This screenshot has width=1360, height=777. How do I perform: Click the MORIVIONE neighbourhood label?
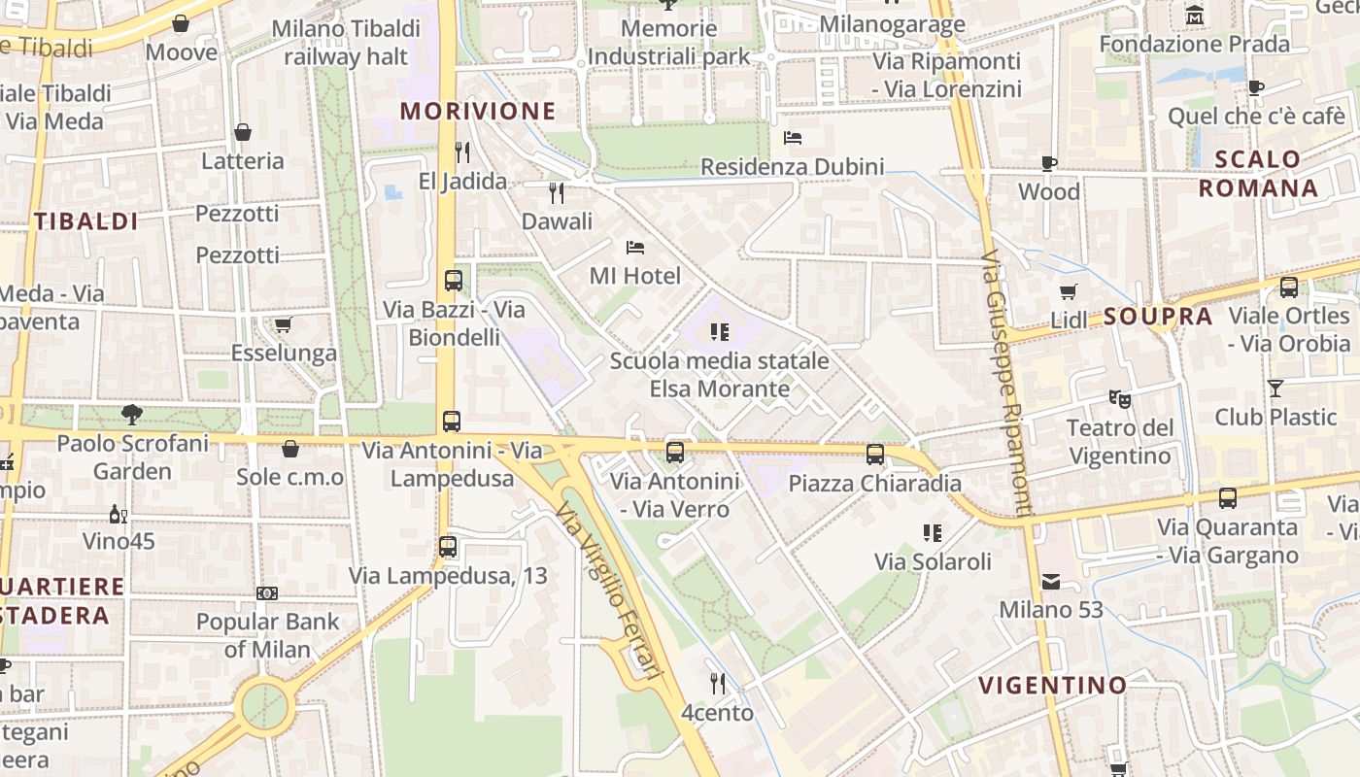point(478,111)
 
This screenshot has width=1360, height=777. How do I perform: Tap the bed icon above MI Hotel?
point(635,247)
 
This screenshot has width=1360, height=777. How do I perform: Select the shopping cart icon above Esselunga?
point(283,324)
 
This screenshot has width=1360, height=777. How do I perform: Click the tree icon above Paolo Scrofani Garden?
point(132,415)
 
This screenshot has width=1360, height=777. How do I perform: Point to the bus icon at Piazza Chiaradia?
point(875,454)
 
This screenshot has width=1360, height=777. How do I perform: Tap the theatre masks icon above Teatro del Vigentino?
point(1120,398)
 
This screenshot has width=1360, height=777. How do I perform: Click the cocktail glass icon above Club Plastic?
point(1275,388)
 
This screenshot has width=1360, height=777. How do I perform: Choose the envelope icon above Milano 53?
point(1051,582)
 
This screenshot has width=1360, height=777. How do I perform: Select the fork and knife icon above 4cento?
point(718,684)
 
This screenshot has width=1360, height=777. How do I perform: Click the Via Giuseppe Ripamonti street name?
point(1005,384)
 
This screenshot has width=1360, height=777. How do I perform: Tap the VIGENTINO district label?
point(1052,686)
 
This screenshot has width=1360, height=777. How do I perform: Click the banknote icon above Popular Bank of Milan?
point(267,592)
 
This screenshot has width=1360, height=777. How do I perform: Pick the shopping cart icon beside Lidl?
point(1069,291)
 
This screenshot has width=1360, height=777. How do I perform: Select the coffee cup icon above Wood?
point(1049,163)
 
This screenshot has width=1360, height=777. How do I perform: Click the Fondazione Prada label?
point(1194,44)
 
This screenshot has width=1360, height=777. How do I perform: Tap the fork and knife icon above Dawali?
point(557,192)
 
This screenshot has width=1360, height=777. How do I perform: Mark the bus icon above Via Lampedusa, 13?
point(448,547)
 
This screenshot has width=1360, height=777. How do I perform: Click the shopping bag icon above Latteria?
point(243,132)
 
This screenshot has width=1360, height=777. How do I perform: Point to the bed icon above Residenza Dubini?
point(793,138)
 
